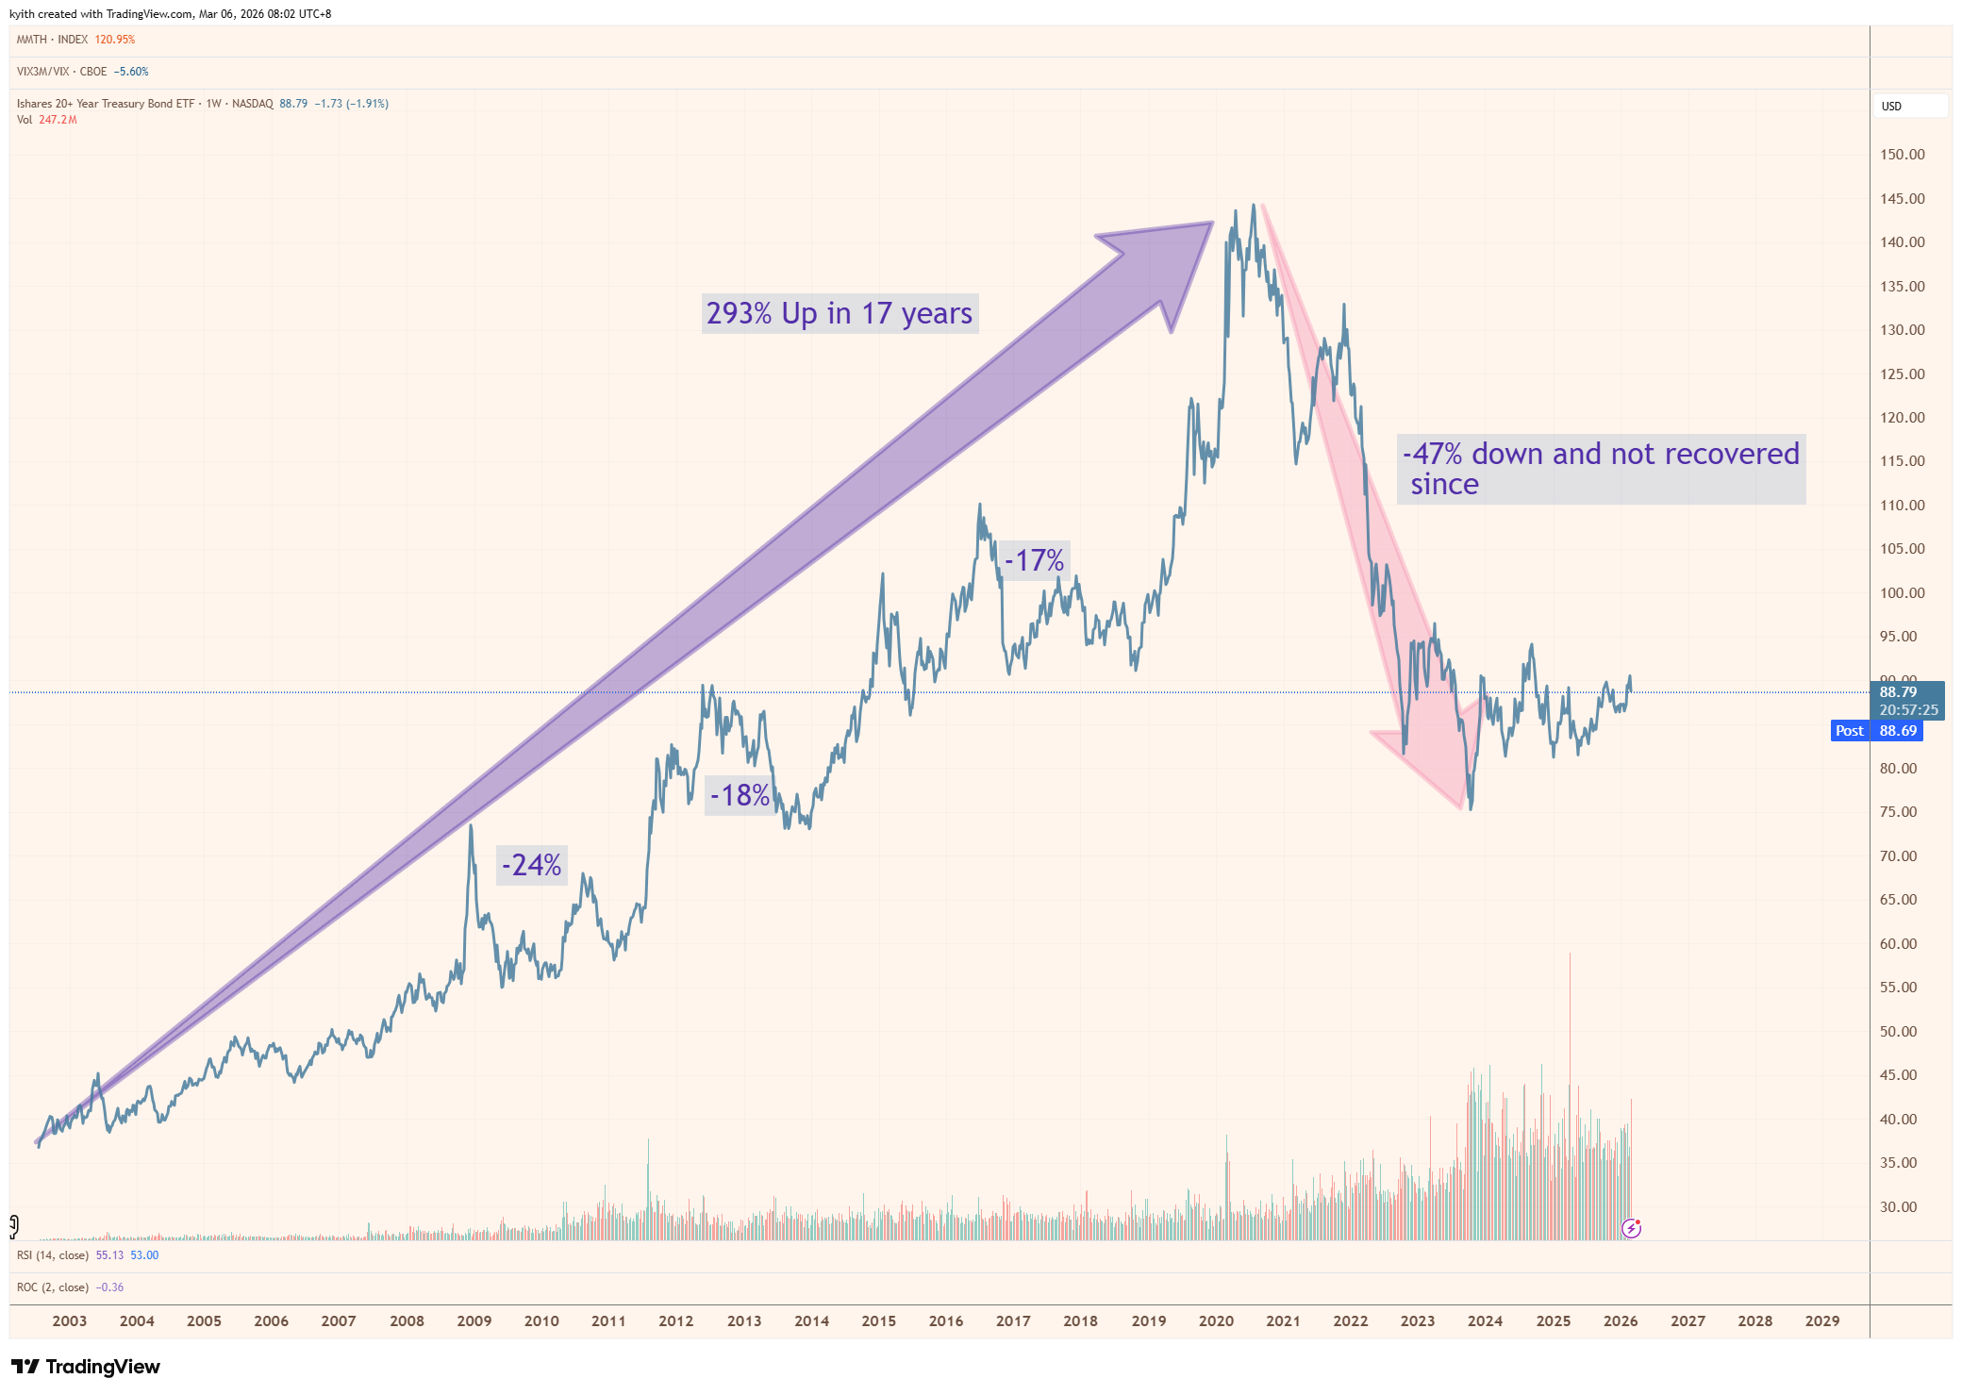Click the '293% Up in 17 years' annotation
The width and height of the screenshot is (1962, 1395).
(839, 313)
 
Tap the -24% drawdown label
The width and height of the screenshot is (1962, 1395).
(531, 865)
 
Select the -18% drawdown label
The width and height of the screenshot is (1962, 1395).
(740, 795)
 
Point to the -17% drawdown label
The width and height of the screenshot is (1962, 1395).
(1034, 560)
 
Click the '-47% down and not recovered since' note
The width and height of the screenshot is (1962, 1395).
(1601, 469)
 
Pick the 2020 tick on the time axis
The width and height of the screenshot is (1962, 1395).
(1216, 1320)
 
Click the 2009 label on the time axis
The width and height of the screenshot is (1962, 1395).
(474, 1320)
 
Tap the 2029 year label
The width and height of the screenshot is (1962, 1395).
(1821, 1320)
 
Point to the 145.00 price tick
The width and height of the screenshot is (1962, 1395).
(1902, 199)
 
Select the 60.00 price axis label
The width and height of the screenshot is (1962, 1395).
(1898, 943)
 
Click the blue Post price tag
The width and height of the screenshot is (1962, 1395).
(1849, 731)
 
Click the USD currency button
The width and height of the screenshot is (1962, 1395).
(1891, 106)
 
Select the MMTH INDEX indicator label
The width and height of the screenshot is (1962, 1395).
(53, 40)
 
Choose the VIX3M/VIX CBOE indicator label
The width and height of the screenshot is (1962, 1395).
(62, 72)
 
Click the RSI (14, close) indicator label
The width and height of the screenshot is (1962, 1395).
(53, 1255)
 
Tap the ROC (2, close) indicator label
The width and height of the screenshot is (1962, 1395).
(53, 1287)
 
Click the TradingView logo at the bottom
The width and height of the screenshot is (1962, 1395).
(86, 1367)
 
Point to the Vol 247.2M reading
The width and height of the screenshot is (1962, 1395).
(47, 120)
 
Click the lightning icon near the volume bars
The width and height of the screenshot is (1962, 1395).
(1631, 1228)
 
